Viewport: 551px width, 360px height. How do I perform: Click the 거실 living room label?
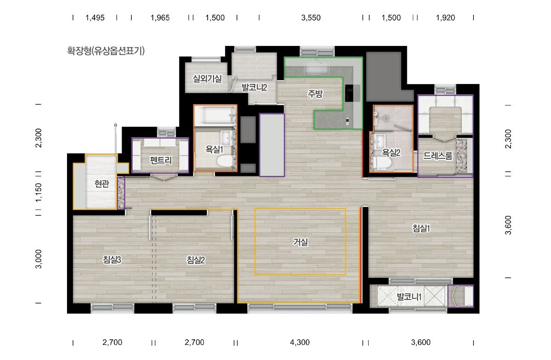300,242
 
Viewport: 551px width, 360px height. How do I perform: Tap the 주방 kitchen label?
315,94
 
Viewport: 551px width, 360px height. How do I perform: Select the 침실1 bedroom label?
421,229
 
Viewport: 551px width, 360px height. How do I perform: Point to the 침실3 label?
112,260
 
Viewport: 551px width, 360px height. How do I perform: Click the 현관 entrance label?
102,184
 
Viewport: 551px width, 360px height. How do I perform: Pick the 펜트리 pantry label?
161,160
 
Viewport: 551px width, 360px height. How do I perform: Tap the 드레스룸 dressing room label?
438,156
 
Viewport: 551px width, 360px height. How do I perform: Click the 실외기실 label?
207,79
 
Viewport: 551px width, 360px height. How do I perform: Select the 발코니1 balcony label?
409,297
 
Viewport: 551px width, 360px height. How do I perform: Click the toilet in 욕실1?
225,161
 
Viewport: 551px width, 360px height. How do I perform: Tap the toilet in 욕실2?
382,163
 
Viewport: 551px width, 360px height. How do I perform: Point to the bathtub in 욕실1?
215,115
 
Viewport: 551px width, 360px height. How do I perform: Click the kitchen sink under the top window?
317,67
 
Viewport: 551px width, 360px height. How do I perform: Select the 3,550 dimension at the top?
311,18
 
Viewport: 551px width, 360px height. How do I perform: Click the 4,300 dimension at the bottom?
300,342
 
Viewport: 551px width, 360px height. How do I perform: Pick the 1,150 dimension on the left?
39,193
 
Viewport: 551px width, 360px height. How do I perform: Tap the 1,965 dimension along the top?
160,18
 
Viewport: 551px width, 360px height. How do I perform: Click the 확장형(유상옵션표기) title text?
106,51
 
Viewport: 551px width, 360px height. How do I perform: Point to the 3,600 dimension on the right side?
508,225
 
